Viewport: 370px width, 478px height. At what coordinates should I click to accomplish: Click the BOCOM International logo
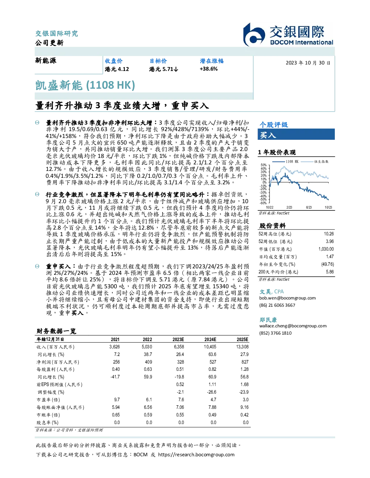pos(288,34)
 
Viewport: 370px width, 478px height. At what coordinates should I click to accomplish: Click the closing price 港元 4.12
pos(117,69)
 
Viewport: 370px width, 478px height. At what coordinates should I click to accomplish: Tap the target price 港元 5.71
pos(164,69)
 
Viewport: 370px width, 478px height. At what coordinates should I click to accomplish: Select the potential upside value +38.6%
pos(209,69)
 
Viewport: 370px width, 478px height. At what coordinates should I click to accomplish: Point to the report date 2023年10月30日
pos(308,63)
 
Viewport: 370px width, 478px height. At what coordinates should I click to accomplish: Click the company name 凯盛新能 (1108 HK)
pos(85,85)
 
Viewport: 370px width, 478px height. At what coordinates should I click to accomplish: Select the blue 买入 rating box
pos(296,134)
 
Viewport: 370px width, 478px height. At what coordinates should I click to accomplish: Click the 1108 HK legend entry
pos(285,162)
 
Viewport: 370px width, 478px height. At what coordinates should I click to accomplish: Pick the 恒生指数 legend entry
pos(315,162)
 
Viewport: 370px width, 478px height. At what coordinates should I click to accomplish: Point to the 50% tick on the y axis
pos(264,165)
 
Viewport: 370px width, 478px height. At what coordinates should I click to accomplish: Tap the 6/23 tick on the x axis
pos(309,207)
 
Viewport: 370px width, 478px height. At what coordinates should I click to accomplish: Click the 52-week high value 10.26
pos(329,234)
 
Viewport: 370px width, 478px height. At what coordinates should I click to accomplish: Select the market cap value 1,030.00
pos(326,249)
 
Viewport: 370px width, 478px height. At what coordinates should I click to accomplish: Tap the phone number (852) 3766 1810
pos(275,333)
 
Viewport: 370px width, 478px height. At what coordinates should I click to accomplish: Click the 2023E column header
pos(178,339)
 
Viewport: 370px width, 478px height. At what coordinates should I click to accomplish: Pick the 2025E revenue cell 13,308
pos(242,347)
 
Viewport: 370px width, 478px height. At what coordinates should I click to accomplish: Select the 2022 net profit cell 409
pos(148,362)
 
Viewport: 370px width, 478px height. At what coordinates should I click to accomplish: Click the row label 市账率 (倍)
pos(48,415)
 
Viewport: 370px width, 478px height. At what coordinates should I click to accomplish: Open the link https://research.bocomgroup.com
pos(196,454)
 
